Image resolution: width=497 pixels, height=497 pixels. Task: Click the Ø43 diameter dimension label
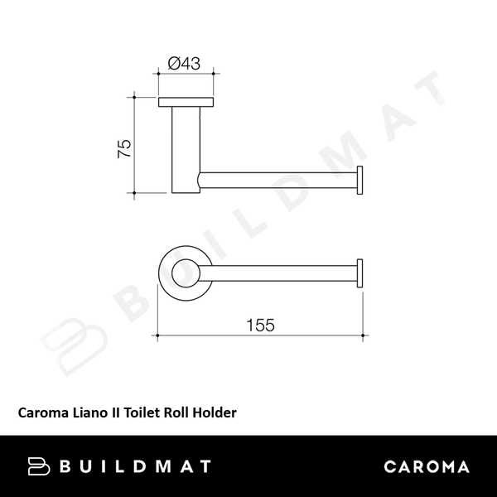tap(186, 63)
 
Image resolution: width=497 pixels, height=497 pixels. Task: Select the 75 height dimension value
tap(123, 148)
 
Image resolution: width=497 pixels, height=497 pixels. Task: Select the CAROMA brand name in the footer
tap(427, 466)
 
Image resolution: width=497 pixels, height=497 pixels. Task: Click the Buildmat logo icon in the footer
tap(40, 466)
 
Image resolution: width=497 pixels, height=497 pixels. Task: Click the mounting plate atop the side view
tap(186, 104)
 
